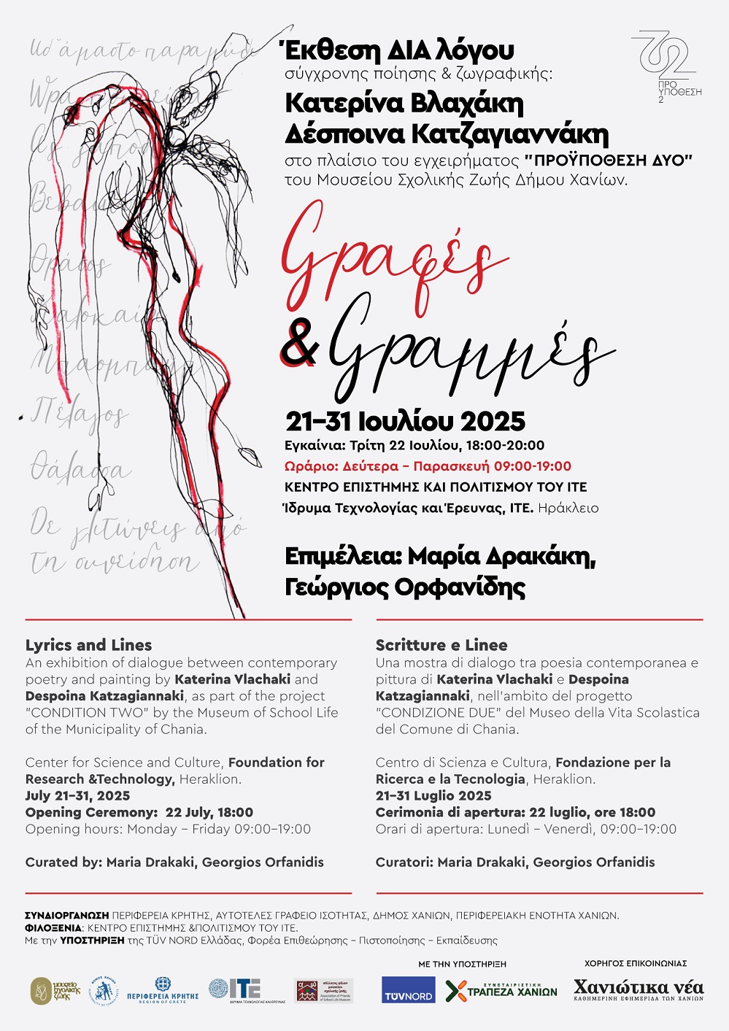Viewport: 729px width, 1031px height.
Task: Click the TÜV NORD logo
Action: click(x=408, y=990)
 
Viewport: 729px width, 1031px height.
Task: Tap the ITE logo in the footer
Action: click(x=235, y=989)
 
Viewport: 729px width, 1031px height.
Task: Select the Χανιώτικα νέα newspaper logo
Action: click(x=639, y=989)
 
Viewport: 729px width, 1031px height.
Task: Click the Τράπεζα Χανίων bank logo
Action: click(x=501, y=991)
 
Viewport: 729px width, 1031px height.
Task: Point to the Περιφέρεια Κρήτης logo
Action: click(x=163, y=990)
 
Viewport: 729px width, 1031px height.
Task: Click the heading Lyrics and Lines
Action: click(x=88, y=645)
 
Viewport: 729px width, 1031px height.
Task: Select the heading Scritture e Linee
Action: click(x=441, y=645)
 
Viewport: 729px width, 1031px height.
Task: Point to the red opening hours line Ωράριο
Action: click(x=428, y=466)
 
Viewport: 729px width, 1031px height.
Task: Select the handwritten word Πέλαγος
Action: click(x=80, y=414)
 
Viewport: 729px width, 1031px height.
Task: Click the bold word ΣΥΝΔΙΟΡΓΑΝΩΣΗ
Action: click(x=67, y=915)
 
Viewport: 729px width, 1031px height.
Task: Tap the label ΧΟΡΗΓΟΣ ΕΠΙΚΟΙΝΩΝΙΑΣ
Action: click(x=636, y=964)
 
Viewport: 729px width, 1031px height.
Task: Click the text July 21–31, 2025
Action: click(x=77, y=795)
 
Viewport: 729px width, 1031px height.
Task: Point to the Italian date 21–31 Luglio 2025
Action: click(x=433, y=795)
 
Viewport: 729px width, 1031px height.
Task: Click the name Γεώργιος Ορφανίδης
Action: click(x=405, y=587)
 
